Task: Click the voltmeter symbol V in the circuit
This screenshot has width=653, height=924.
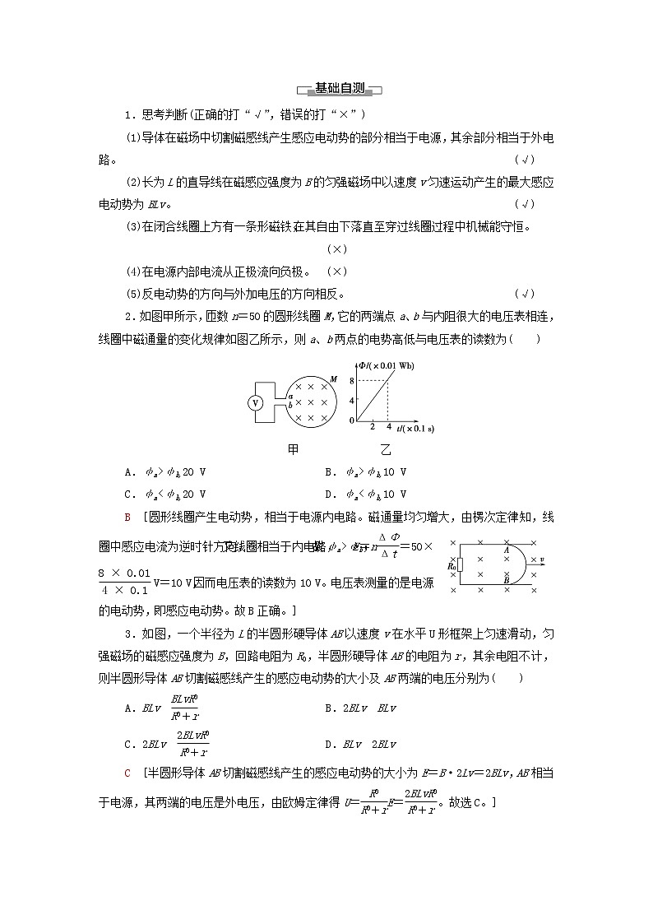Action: pos(256,402)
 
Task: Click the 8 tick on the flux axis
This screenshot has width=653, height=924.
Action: pos(351,380)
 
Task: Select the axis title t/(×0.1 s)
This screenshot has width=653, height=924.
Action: pos(415,429)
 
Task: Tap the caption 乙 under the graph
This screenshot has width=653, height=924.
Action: pos(387,450)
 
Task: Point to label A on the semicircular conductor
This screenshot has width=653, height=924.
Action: pos(506,550)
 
